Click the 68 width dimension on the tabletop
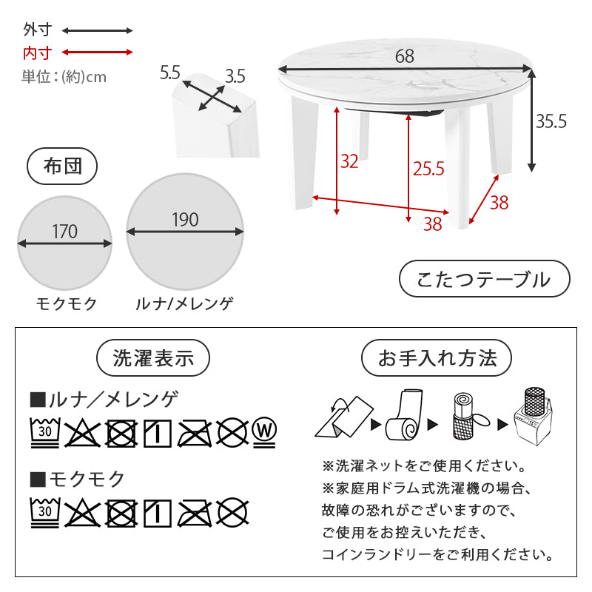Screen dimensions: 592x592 (x=405, y=56)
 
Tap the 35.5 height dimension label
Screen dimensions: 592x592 (x=551, y=121)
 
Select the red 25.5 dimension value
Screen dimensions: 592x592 (x=428, y=169)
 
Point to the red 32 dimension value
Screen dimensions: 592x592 (x=349, y=161)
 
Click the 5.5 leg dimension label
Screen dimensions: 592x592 (x=170, y=73)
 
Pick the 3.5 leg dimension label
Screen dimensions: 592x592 (x=235, y=77)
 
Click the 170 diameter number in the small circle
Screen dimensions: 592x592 (x=64, y=232)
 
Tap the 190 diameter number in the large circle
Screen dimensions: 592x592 (x=185, y=220)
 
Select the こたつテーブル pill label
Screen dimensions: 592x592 (x=485, y=279)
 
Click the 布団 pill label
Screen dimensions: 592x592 (x=62, y=166)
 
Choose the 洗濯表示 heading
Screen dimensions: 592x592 (x=153, y=358)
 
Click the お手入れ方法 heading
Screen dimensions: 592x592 (x=437, y=358)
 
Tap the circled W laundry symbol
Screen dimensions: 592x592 (x=264, y=432)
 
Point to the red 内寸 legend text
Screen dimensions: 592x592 (x=37, y=53)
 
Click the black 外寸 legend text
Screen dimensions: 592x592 (x=37, y=30)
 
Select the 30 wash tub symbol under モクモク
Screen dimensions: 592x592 (x=45, y=512)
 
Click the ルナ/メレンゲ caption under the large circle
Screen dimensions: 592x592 (x=184, y=303)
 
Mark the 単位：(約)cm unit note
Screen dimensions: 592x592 (x=64, y=77)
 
